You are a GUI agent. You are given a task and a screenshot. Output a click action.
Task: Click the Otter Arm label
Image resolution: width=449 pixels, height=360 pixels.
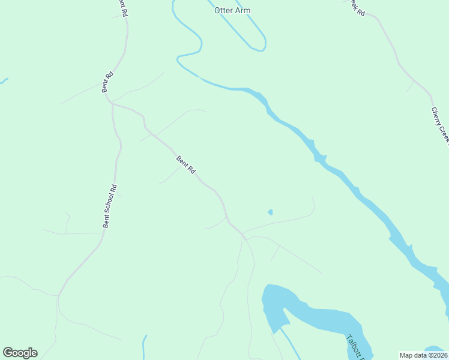coord(232,11)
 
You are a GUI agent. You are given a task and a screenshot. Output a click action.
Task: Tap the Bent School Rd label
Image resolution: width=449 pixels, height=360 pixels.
coord(109,206)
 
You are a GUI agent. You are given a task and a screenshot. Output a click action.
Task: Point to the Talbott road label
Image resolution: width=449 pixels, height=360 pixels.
coord(355,348)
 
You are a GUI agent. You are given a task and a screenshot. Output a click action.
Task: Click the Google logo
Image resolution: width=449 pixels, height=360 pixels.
coord(20,353)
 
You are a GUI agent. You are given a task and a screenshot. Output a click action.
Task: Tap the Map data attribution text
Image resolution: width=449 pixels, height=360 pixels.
coord(424,355)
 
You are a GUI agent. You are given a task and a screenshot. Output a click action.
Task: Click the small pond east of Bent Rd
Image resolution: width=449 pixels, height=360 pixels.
coord(270,212)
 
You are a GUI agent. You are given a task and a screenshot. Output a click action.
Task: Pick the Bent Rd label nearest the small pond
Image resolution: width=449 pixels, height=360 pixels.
coord(186,165)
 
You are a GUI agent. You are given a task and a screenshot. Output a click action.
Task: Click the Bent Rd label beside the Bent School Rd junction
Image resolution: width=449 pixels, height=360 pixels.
coord(107,82)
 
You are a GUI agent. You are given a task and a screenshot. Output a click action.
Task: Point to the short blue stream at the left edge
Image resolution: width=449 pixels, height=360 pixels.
coord(4,80)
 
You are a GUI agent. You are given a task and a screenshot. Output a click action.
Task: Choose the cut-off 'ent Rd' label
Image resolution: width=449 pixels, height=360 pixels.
coord(122,7)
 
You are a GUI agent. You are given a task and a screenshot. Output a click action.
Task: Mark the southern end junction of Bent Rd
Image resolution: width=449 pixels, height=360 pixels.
coord(244,236)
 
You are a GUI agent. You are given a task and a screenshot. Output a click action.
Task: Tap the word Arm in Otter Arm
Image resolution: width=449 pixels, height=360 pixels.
coord(243,11)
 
